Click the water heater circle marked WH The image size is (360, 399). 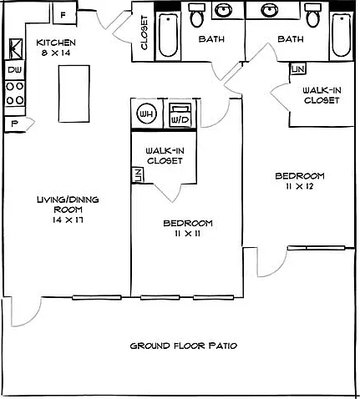(x=146, y=114)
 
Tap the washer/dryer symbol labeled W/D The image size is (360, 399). (x=180, y=115)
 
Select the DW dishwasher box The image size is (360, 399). (x=14, y=70)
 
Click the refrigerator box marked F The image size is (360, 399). (x=64, y=15)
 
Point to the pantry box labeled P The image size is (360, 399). (x=14, y=124)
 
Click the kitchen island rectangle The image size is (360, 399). (x=74, y=93)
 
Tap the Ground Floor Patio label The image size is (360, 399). (x=184, y=346)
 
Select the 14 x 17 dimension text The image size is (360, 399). (x=68, y=220)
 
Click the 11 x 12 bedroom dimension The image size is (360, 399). (x=300, y=186)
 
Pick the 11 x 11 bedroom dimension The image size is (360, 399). (x=188, y=234)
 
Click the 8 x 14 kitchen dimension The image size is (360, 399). (x=56, y=53)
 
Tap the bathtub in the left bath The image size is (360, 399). (x=168, y=35)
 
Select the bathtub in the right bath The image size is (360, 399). (x=342, y=35)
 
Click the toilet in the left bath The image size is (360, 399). (x=197, y=16)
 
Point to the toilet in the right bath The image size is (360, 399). (x=314, y=16)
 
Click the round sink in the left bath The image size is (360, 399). (x=224, y=11)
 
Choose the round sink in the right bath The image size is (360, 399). (x=270, y=11)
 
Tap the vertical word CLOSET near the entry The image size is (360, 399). (x=144, y=33)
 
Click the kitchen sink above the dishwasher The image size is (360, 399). (x=16, y=48)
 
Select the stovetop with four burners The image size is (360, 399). (x=15, y=93)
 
